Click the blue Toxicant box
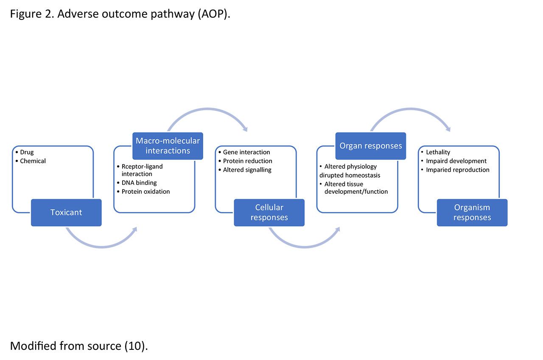[66, 212]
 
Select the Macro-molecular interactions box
[168, 146]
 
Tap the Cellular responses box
[269, 212]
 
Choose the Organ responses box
[371, 146]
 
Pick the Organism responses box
[472, 212]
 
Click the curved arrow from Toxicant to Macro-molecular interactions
[101, 247]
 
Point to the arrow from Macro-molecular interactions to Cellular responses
[207, 109]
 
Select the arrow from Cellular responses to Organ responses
[305, 247]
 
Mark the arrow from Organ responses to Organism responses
[410, 109]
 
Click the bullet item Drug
[25, 152]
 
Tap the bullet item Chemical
[31, 161]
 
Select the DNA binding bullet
[137, 183]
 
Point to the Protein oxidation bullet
[143, 191]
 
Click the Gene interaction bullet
[244, 152]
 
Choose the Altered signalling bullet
[245, 170]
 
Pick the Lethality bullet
[436, 152]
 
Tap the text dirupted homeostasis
[350, 175]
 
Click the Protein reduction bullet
[245, 161]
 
